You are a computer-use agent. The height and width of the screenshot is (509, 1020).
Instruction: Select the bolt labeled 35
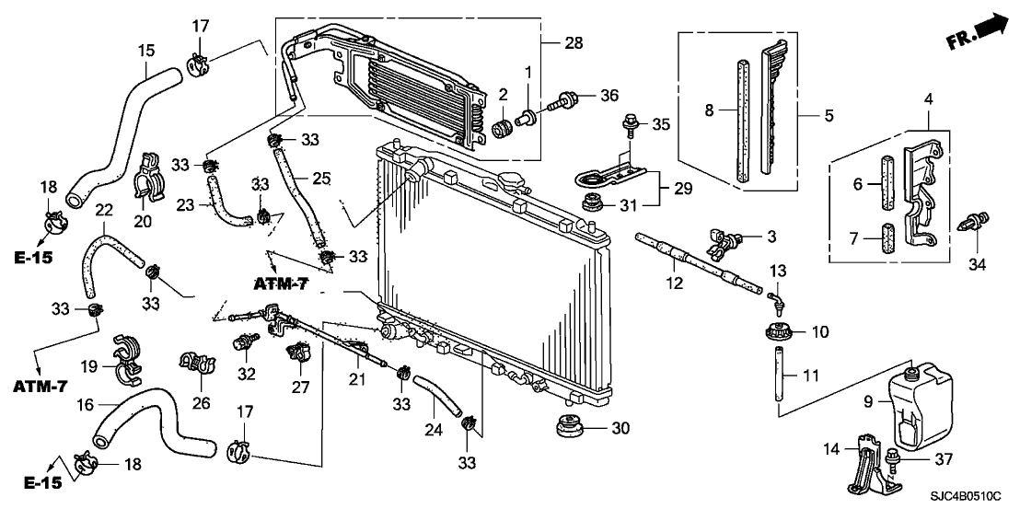(x=632, y=121)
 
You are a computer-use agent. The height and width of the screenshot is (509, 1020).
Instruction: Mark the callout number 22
(x=104, y=211)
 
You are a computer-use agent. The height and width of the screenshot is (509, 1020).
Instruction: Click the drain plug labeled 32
(x=245, y=343)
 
